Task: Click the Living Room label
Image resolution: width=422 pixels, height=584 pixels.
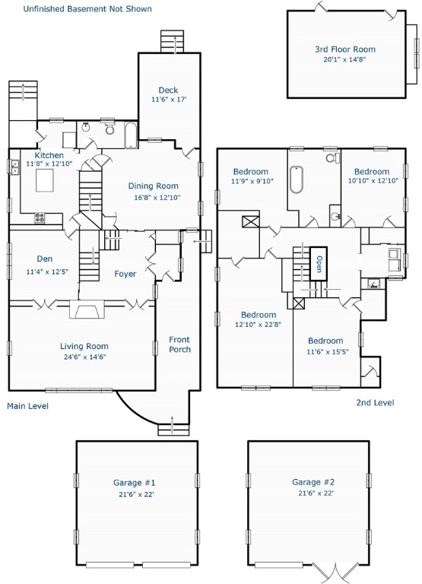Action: coord(84,347)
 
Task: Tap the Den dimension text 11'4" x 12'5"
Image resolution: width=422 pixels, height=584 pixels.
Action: coord(47,272)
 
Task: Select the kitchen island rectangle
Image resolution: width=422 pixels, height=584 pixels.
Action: coord(45,180)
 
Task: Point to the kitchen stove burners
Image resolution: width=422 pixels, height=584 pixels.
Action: coord(40,218)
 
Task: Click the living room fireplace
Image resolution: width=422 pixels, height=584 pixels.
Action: coord(87,309)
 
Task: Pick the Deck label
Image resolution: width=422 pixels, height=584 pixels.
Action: coord(168,90)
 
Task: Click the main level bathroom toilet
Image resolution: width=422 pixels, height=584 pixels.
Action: coord(109,129)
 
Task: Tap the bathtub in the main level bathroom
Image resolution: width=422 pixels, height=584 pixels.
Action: coord(131,135)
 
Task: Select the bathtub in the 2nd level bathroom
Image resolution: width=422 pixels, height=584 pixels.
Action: coord(297,179)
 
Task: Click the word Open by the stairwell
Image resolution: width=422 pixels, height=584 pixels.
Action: coord(319,264)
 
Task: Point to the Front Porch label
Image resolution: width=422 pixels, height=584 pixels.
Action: coord(179,344)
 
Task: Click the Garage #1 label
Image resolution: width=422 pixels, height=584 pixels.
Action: coord(134,483)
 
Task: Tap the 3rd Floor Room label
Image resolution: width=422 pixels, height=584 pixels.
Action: coord(345,49)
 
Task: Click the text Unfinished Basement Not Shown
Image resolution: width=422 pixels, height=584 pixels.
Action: coord(87,8)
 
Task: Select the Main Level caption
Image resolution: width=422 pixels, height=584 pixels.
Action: coord(27,405)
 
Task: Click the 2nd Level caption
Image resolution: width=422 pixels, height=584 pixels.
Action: coord(375,402)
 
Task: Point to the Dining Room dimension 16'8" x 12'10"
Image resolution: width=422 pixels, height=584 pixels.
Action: coord(157,198)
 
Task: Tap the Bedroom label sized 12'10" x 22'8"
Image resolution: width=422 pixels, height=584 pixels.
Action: coord(259,315)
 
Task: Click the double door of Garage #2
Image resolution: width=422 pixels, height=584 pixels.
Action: coord(335,573)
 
